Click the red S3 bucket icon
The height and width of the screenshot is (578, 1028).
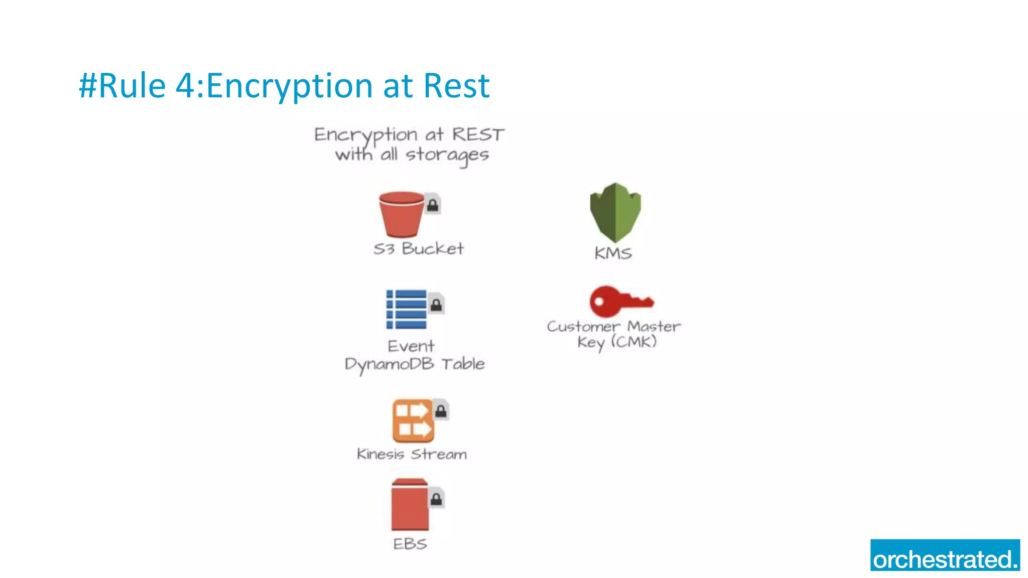coord(401,215)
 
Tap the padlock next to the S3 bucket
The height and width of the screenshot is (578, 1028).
coord(433,204)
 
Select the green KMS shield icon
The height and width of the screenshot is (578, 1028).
coord(615,213)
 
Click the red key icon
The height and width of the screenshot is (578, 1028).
coord(620,301)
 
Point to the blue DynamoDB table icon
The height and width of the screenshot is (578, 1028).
coord(406,310)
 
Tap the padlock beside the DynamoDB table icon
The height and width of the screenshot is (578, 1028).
coord(436,304)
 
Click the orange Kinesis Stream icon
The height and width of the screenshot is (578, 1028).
coord(413,420)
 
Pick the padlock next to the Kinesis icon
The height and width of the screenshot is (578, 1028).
coord(441,411)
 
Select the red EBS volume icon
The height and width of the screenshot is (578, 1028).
coord(410,505)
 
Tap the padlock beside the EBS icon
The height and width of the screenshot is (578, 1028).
coord(436,498)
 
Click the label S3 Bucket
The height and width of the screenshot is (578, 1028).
coord(419,249)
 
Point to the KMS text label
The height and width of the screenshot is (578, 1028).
coord(613,253)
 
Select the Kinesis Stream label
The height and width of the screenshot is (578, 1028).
coord(412,454)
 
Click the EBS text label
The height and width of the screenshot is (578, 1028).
coord(410,544)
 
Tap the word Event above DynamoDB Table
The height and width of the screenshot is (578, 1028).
coord(411,346)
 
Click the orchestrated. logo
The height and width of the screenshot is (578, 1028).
coord(945,555)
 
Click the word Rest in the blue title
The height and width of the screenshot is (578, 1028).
coord(456,86)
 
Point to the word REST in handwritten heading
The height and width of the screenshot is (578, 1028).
coord(478,134)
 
